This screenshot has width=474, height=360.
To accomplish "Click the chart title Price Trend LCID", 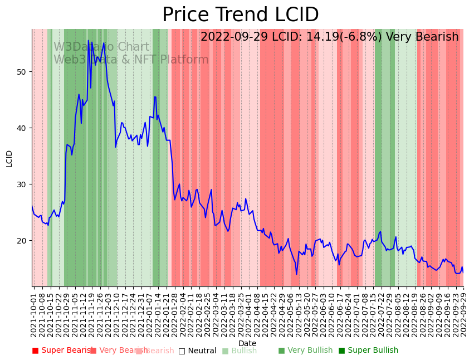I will pyautogui.click(x=240, y=15).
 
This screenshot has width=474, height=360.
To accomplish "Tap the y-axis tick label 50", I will pyautogui.click(x=23, y=72).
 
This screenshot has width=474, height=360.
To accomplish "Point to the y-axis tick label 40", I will pyautogui.click(x=23, y=128).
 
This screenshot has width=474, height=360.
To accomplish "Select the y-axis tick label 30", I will pyautogui.click(x=23, y=184).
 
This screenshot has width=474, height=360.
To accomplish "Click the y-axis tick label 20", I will pyautogui.click(x=23, y=241).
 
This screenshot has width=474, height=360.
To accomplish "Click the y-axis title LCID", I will pyautogui.click(x=9, y=158).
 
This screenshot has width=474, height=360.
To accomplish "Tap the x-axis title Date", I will pyautogui.click(x=247, y=344).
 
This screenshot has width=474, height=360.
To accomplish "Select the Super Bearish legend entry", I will pyautogui.click(x=62, y=351).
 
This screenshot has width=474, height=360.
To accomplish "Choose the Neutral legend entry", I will pyautogui.click(x=197, y=351).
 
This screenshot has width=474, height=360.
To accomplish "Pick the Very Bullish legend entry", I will pyautogui.click(x=305, y=351).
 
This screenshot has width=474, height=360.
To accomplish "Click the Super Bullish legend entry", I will pyautogui.click(x=368, y=351).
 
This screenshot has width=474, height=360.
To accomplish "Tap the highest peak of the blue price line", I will pyautogui.click(x=88, y=41).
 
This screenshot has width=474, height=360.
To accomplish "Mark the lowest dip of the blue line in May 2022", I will pyautogui.click(x=296, y=274).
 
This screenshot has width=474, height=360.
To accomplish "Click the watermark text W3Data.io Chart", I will pyautogui.click(x=101, y=47).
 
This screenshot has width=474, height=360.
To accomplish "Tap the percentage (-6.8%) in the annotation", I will pyautogui.click(x=360, y=37).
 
